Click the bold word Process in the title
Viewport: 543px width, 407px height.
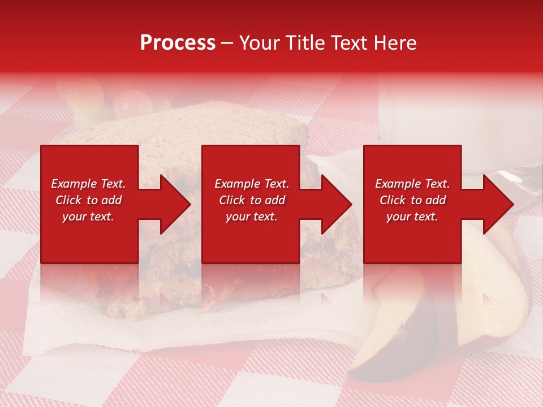tap(178, 43)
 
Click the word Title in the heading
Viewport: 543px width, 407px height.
tap(306, 43)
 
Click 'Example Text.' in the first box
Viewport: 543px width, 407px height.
tap(88, 184)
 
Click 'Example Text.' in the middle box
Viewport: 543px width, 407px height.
tap(251, 184)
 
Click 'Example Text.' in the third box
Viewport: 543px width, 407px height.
tap(412, 184)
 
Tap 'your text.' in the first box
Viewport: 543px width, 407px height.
tap(88, 217)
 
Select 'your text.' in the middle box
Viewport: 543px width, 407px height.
tap(251, 217)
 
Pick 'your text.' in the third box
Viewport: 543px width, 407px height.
tap(412, 217)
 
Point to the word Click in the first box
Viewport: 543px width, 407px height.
tap(68, 200)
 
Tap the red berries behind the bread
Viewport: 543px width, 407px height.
tap(133, 102)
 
